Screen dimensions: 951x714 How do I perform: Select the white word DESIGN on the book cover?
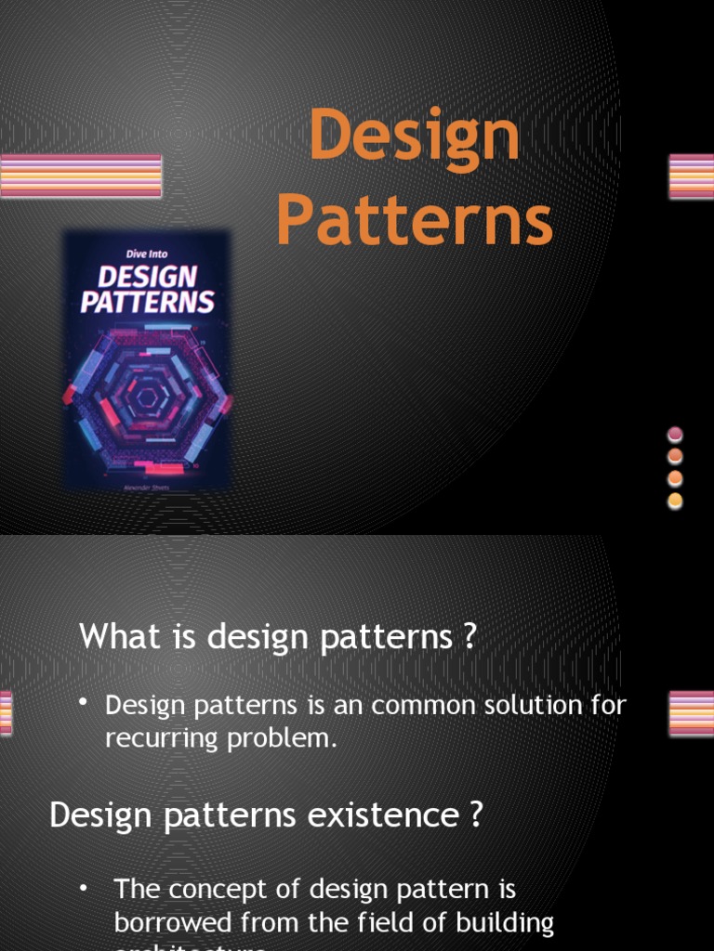[148, 277]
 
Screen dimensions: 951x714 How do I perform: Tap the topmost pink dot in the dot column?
[676, 435]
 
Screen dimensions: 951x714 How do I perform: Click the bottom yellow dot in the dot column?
[676, 502]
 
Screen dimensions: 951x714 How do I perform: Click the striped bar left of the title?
[81, 176]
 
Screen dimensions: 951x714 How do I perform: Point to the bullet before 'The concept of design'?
[84, 887]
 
